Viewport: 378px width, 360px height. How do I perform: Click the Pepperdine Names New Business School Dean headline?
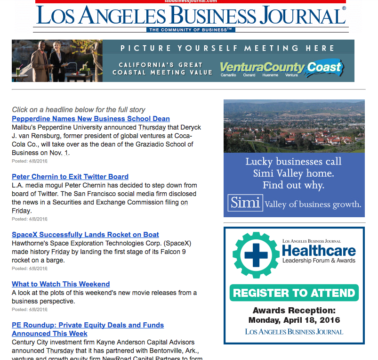click(x=91, y=119)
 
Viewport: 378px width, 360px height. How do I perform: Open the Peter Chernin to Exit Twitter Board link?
click(x=70, y=177)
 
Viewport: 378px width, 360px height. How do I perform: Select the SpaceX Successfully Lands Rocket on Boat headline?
click(x=85, y=235)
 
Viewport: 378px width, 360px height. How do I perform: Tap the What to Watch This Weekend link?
click(x=61, y=284)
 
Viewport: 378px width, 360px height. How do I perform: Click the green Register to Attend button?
click(x=294, y=293)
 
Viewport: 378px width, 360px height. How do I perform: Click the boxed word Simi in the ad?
click(x=245, y=203)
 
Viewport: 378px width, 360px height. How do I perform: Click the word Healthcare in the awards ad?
click(x=319, y=250)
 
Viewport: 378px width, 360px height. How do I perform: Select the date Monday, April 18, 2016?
click(x=294, y=320)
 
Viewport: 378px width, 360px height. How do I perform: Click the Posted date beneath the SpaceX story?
click(x=30, y=269)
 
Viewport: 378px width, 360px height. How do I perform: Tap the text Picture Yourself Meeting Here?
click(x=227, y=48)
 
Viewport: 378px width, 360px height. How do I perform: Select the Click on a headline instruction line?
click(x=79, y=110)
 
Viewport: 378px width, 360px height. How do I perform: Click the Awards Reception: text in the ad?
click(x=294, y=311)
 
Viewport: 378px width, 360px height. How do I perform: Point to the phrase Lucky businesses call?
click(x=293, y=162)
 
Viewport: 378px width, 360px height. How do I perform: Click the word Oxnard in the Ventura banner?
click(x=249, y=75)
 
